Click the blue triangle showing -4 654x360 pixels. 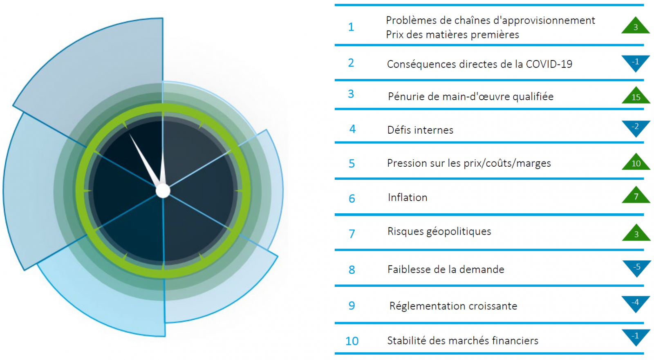[x=636, y=303]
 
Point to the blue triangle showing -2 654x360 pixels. [x=636, y=127]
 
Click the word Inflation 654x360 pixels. [x=408, y=197]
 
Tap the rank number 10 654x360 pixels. [x=352, y=341]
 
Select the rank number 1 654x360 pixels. [x=351, y=27]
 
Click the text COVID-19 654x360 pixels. [x=549, y=64]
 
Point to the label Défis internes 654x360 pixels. [x=420, y=130]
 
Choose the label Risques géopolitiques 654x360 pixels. [x=439, y=231]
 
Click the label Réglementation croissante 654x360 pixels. [x=453, y=306]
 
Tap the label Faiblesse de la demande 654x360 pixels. [x=446, y=269]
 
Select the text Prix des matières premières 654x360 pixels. [x=452, y=35]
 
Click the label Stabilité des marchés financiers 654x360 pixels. [x=462, y=340]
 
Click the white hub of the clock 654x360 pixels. [x=163, y=190]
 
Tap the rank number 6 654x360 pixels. [x=352, y=199]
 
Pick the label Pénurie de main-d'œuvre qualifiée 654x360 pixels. [x=470, y=96]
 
